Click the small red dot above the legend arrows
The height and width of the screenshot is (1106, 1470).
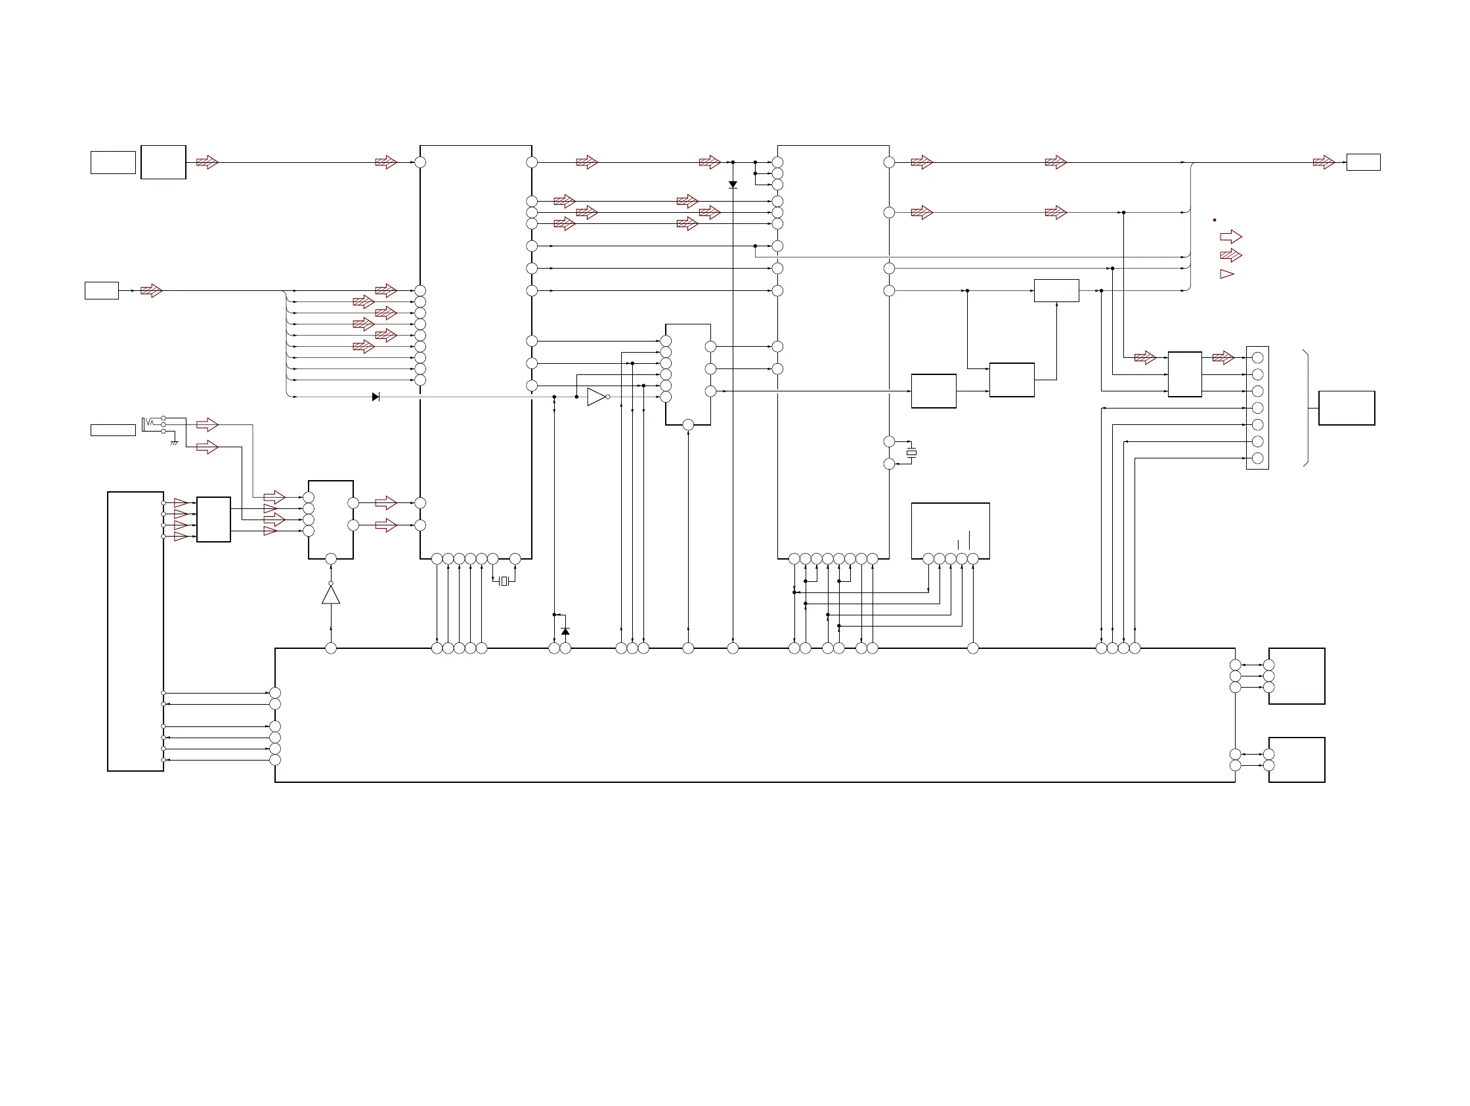coord(1214,220)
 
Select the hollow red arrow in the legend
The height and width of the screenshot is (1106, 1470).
coord(1231,236)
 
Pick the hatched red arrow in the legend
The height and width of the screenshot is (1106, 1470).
coord(1231,255)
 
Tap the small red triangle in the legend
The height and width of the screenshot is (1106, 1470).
coord(1227,274)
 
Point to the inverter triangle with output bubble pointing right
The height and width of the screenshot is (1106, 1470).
coord(597,397)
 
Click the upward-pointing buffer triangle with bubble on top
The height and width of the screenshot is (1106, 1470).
coord(331,594)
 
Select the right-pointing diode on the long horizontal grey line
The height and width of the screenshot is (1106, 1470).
coord(376,397)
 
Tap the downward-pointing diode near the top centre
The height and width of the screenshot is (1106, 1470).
coord(733,185)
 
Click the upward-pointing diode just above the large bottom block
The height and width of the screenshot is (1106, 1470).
coord(565,631)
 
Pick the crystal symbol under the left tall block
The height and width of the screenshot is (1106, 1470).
coord(504,582)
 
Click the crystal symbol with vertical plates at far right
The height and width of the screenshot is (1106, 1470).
coord(912,453)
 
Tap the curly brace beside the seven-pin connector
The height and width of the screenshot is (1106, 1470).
coord(1307,408)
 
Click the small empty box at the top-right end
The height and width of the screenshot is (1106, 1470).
coord(1363,162)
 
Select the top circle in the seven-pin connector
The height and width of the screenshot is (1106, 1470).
coord(1257,357)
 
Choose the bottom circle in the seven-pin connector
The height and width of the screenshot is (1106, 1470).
coord(1257,458)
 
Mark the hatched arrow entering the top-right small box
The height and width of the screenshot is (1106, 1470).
coord(1323,162)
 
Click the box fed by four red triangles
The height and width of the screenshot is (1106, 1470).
coord(213,519)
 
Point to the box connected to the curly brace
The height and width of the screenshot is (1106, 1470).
coord(1347,408)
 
